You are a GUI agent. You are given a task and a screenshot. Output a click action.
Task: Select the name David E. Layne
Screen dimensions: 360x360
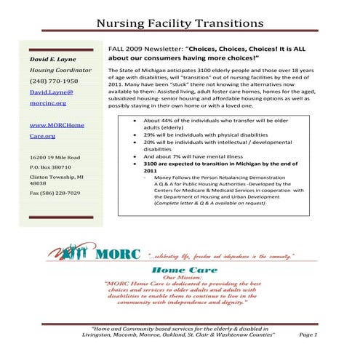52,57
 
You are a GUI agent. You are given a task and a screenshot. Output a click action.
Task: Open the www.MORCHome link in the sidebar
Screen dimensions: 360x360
56,125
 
